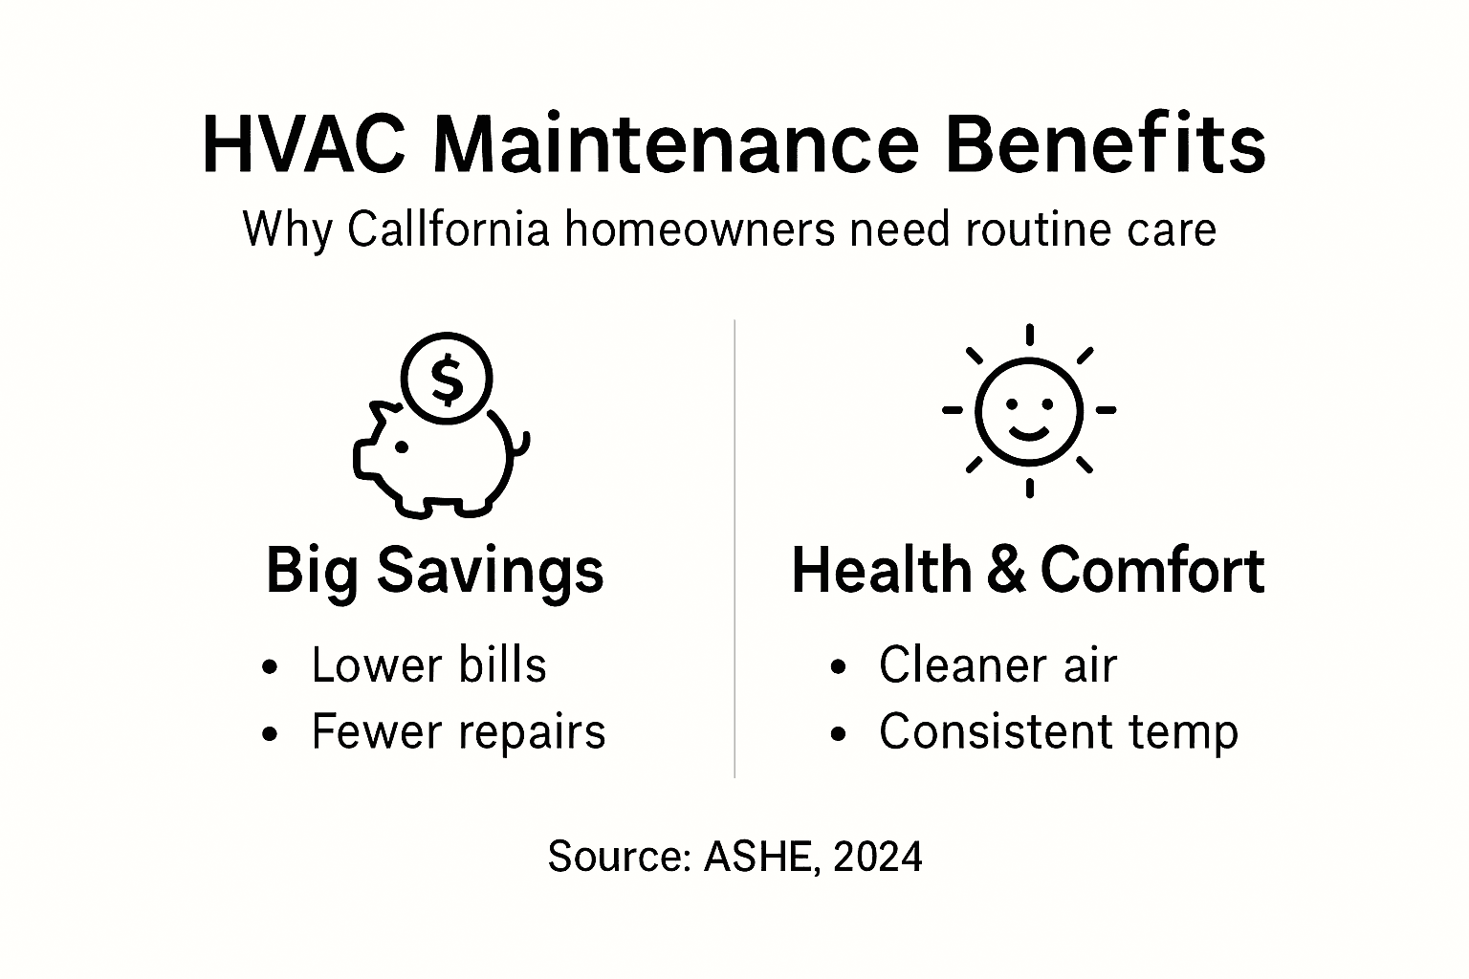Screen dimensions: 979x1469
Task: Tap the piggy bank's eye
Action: coord(403,446)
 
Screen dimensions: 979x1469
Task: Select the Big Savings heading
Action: coord(434,571)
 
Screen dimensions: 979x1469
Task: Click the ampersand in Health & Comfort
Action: coord(1004,571)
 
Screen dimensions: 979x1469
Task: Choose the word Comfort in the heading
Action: coord(1151,571)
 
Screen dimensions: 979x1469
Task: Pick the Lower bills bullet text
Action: coord(428,665)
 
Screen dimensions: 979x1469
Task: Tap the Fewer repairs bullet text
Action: coord(458,732)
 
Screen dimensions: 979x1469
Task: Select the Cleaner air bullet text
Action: coord(998,665)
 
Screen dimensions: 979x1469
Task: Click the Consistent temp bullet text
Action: coord(1059,732)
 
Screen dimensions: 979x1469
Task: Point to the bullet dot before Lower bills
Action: coord(271,668)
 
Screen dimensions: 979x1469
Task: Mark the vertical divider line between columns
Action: coord(734,550)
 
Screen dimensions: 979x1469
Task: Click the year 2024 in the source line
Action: coord(877,857)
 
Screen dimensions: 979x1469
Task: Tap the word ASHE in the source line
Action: coord(759,857)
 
